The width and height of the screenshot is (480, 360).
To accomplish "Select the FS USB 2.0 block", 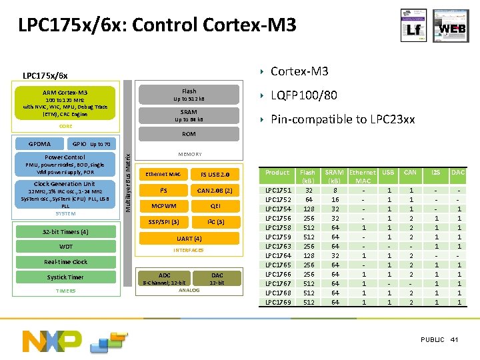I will pyautogui.click(x=215, y=175).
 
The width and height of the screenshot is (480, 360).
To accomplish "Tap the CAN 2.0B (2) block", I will pyautogui.click(x=215, y=191).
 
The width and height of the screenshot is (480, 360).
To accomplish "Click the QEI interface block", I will pyautogui.click(x=215, y=206).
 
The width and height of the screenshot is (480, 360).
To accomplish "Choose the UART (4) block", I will pyautogui.click(x=189, y=238).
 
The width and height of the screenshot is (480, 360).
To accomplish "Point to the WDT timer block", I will pyautogui.click(x=65, y=247).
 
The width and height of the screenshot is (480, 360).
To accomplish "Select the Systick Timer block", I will pyautogui.click(x=65, y=277).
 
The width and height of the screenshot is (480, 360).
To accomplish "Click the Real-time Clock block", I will pyautogui.click(x=65, y=262).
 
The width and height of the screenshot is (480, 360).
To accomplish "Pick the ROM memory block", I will pyautogui.click(x=189, y=134).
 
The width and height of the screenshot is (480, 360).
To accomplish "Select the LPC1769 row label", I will pyautogui.click(x=277, y=302).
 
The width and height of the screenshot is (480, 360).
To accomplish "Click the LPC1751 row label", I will pyautogui.click(x=277, y=189).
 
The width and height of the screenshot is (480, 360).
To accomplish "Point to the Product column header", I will pyautogui.click(x=277, y=173).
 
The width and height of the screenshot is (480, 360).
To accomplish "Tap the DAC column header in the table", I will pyautogui.click(x=458, y=173).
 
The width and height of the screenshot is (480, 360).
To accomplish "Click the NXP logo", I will pyautogui.click(x=53, y=340).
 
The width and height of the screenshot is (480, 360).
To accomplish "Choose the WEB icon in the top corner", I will pyautogui.click(x=452, y=30).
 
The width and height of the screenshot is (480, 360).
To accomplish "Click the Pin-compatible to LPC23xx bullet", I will pyautogui.click(x=343, y=119).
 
